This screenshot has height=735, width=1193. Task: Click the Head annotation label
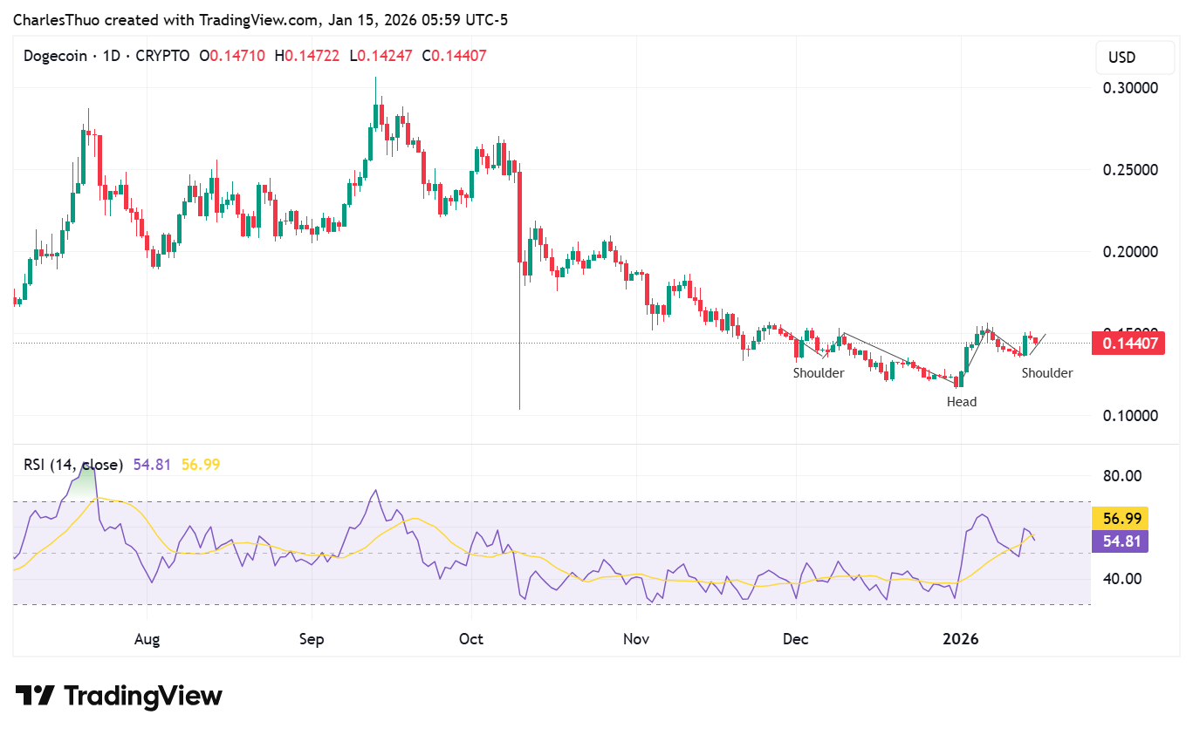tap(962, 402)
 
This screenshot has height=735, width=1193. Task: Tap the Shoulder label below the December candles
tap(818, 373)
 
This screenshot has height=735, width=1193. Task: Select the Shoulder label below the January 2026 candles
tap(1047, 373)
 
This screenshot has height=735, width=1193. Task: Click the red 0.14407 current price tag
tap(1130, 344)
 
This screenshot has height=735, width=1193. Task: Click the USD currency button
tap(1121, 58)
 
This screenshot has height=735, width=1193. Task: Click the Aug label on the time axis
tap(147, 639)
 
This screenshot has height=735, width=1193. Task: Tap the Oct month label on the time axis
tap(471, 639)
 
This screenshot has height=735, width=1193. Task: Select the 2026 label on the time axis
tap(960, 639)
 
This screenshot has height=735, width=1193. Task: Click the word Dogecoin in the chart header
tap(55, 56)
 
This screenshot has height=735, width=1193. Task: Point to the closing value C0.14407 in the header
tap(454, 56)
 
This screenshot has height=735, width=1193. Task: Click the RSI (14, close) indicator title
tap(73, 465)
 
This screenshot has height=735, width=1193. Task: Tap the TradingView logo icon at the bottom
tap(35, 696)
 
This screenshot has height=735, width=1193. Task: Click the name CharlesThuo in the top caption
tap(53, 17)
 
